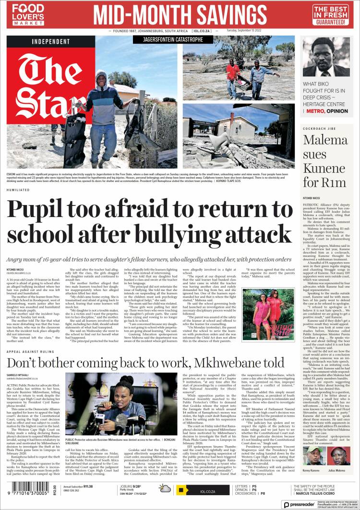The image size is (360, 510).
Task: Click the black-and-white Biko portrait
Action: pyautogui.click(x=325, y=57)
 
